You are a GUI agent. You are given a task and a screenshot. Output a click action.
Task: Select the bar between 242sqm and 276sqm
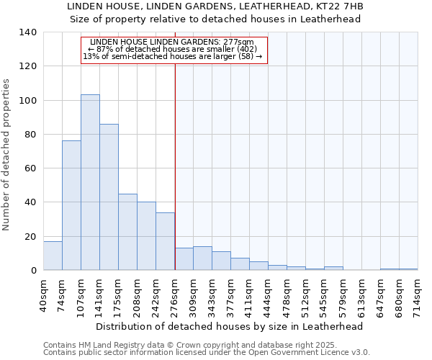point(165,241)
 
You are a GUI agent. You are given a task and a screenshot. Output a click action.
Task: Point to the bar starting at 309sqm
point(202,258)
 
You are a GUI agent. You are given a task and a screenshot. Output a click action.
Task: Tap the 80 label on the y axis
point(30,135)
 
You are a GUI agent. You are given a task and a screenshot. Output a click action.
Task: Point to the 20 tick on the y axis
point(30,236)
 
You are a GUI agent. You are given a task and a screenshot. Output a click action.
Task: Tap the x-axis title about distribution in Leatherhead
point(229,326)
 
